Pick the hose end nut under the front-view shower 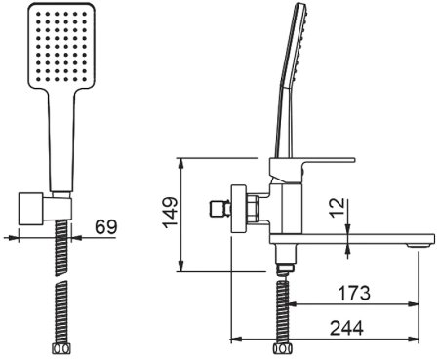[x=62, y=347]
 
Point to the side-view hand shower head [x=299, y=49]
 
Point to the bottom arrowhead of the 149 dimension [x=180, y=268]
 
